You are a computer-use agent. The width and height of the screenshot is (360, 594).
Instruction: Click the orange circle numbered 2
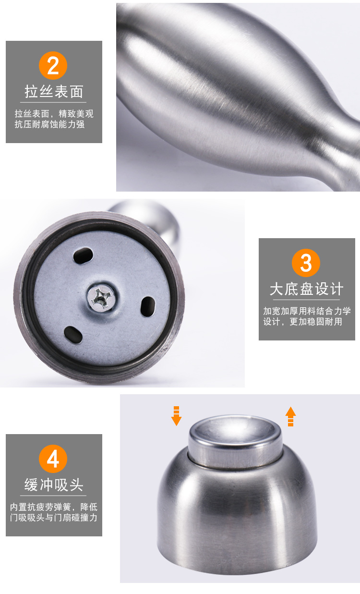(53, 65)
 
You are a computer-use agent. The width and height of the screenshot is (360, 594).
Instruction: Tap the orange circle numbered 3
(306, 263)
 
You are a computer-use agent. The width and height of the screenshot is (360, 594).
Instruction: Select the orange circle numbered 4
(53, 459)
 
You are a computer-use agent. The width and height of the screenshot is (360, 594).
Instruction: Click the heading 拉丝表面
(54, 92)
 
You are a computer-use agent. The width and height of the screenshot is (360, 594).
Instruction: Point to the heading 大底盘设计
(306, 289)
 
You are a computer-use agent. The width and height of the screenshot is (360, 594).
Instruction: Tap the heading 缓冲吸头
(54, 485)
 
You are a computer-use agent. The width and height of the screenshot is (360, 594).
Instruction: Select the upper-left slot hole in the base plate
(83, 255)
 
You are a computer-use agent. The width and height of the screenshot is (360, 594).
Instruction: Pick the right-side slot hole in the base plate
(148, 306)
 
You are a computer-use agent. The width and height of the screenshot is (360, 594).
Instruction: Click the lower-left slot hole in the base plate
(73, 335)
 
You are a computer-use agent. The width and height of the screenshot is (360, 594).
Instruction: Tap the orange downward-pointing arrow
(176, 416)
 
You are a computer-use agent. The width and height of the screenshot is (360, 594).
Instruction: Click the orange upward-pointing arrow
(290, 416)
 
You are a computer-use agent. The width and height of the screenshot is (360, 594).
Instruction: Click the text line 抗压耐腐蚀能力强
(49, 124)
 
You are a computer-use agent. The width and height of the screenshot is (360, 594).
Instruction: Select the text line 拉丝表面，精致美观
(54, 114)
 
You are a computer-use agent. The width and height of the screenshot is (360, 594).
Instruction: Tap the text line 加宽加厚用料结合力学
(307, 311)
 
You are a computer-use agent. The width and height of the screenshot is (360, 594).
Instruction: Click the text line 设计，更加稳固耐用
(302, 322)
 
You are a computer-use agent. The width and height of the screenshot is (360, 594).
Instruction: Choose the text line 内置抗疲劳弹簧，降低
(54, 507)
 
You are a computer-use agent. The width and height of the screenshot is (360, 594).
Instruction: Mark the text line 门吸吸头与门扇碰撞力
(54, 518)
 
